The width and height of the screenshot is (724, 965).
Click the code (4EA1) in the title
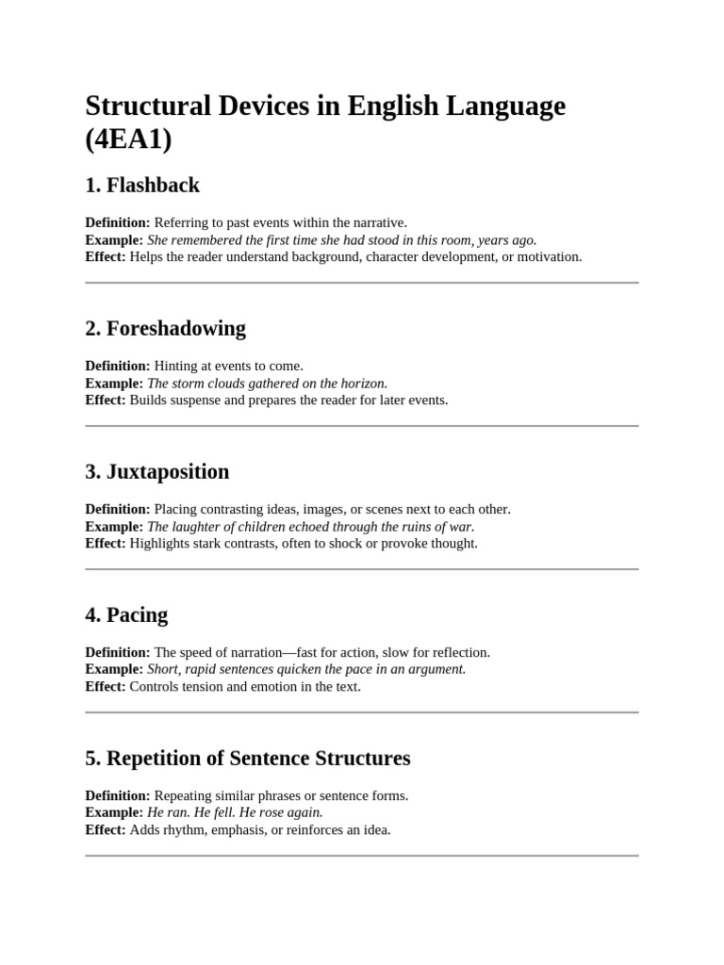[129, 139]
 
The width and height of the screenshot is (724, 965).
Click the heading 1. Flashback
[142, 185]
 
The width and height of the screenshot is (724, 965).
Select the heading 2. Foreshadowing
[165, 328]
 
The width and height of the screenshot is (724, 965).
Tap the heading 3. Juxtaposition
[156, 471]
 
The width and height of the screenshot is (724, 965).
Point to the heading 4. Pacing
[126, 614]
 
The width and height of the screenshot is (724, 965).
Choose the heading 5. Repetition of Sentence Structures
[247, 758]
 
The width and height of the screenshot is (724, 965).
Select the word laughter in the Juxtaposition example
[200, 526]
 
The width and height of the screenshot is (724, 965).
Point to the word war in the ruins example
[463, 526]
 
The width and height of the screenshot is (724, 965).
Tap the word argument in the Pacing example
[436, 669]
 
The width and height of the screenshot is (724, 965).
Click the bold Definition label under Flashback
[117, 222]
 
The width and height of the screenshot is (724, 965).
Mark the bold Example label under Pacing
[114, 669]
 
